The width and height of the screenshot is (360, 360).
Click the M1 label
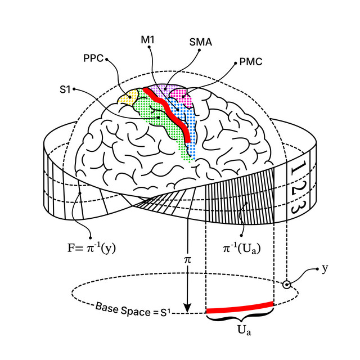[x=147, y=40]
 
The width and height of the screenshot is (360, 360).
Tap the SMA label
[x=201, y=42]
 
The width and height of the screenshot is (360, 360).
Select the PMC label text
[x=251, y=62]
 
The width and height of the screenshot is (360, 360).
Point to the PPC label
[x=93, y=58]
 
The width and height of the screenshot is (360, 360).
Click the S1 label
[x=65, y=89]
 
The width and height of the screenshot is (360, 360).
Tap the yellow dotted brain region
[x=128, y=97]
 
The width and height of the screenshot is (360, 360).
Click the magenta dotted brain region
[x=182, y=97]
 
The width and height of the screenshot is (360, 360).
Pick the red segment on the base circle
[x=240, y=308]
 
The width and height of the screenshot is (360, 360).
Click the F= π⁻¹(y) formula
[x=91, y=249]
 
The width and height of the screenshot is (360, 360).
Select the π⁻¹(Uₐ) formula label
[x=242, y=249]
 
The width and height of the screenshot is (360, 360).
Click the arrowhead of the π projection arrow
[x=187, y=308]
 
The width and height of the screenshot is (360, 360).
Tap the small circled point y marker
[x=286, y=285]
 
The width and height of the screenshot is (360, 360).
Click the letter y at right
[x=325, y=268]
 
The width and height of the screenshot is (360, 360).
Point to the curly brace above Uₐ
[x=240, y=318]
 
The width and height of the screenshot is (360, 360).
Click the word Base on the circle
[x=107, y=308]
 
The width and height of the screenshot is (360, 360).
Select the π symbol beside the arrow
[x=187, y=260]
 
